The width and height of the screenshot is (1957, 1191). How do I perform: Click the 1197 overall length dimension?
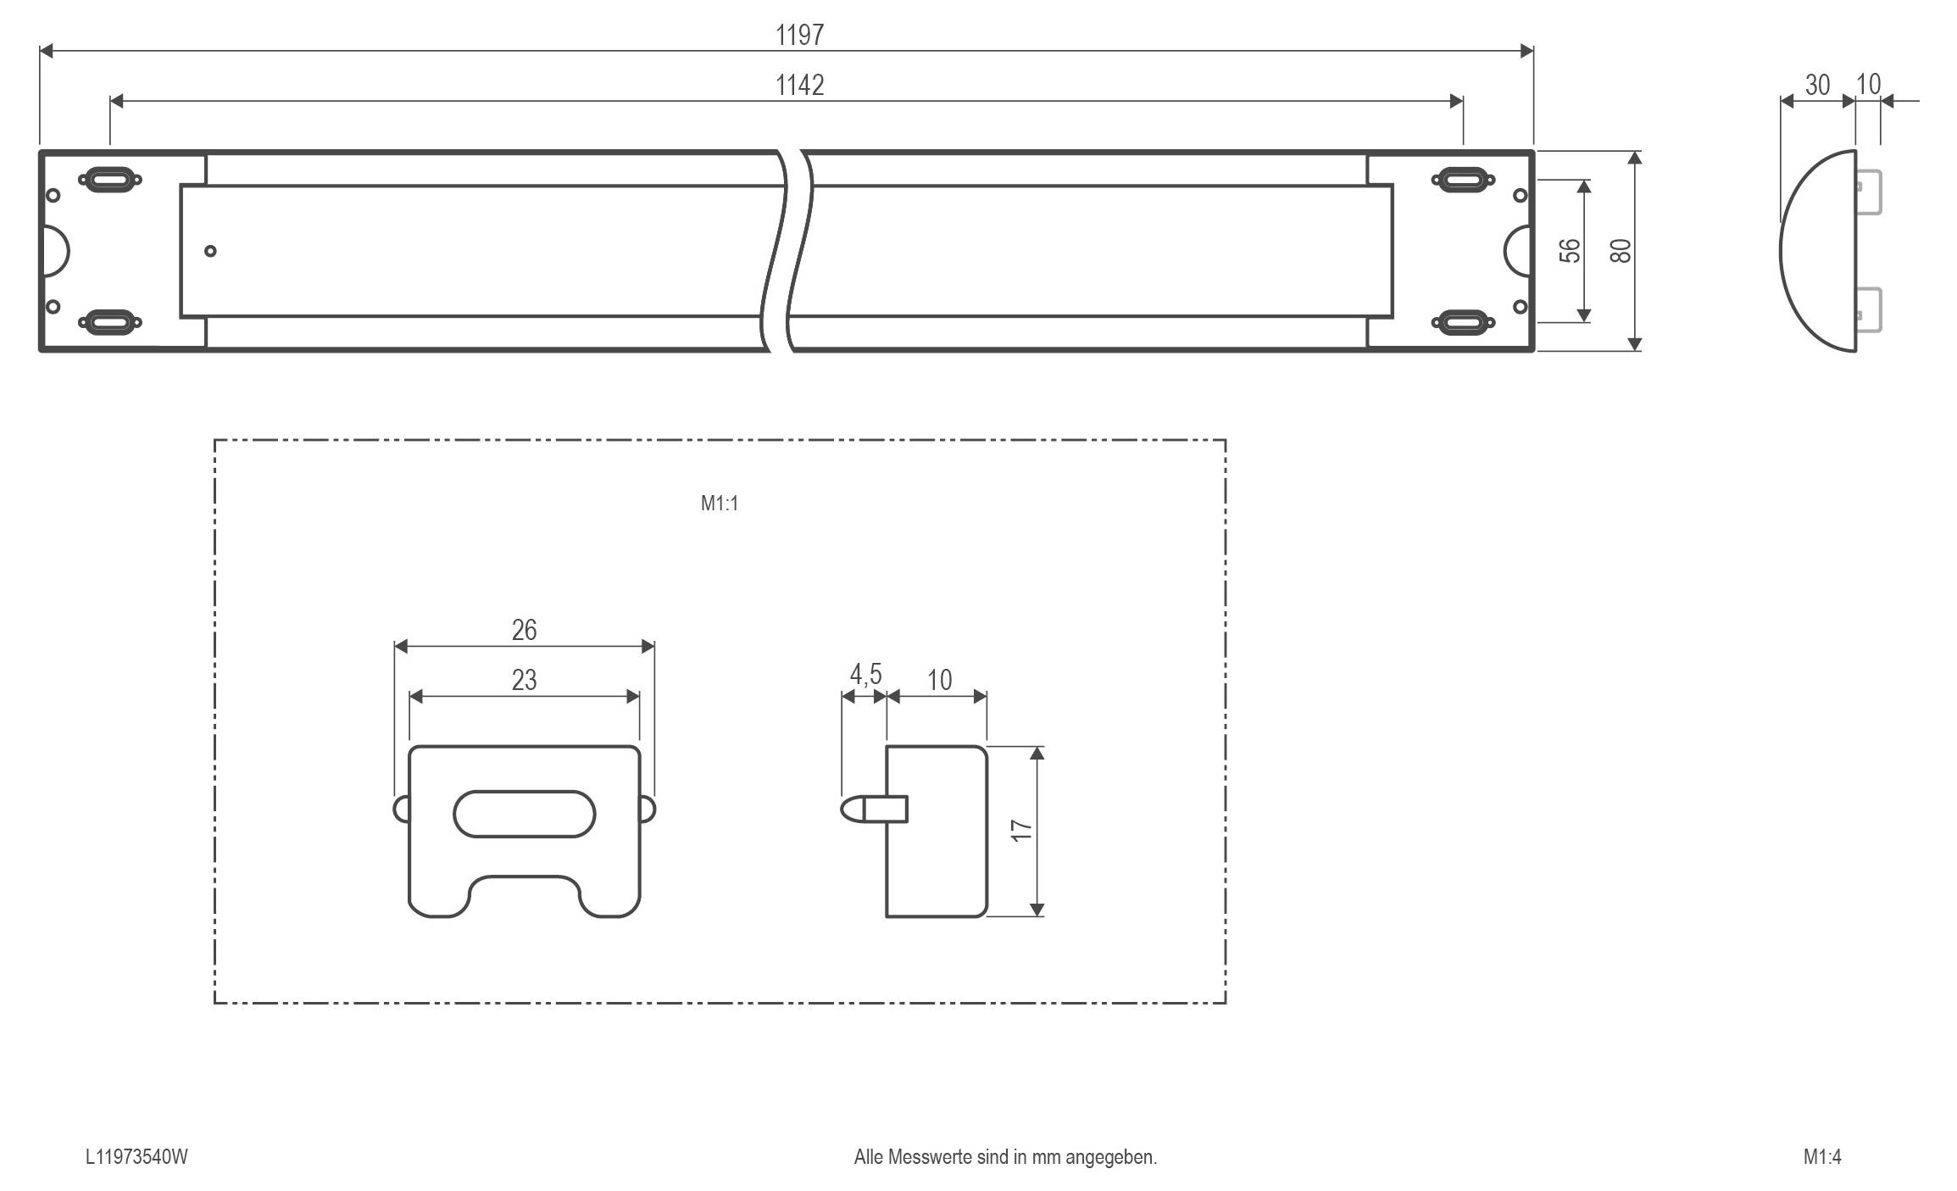(x=799, y=35)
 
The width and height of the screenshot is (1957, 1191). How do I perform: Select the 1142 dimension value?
(x=799, y=85)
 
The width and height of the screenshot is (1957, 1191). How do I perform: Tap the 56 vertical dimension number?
(x=1570, y=251)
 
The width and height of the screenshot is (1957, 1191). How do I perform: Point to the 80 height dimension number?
(x=1620, y=251)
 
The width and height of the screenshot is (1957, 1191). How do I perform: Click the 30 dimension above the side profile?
(x=1816, y=85)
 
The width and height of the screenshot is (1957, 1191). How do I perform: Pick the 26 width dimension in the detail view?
(x=524, y=630)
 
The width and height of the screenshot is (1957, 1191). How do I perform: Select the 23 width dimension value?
(x=524, y=680)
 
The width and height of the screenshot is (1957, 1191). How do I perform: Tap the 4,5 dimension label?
(x=865, y=675)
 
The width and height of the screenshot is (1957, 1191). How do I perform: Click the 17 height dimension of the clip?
(x=1022, y=830)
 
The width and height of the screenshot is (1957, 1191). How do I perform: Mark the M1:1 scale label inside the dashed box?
(x=719, y=504)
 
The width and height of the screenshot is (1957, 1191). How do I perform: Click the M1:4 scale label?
(x=1822, y=1157)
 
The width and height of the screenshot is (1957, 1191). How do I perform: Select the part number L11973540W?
(x=136, y=1157)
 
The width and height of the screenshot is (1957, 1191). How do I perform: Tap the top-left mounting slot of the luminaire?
(x=109, y=180)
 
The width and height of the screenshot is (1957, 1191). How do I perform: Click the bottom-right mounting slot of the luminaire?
(x=1463, y=322)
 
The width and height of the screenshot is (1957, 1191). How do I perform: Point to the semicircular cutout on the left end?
(x=56, y=251)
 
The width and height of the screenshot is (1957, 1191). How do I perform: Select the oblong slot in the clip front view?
(x=524, y=815)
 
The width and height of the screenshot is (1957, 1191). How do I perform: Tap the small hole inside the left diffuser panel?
(x=210, y=251)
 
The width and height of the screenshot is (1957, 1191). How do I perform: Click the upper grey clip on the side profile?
(x=1869, y=192)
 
